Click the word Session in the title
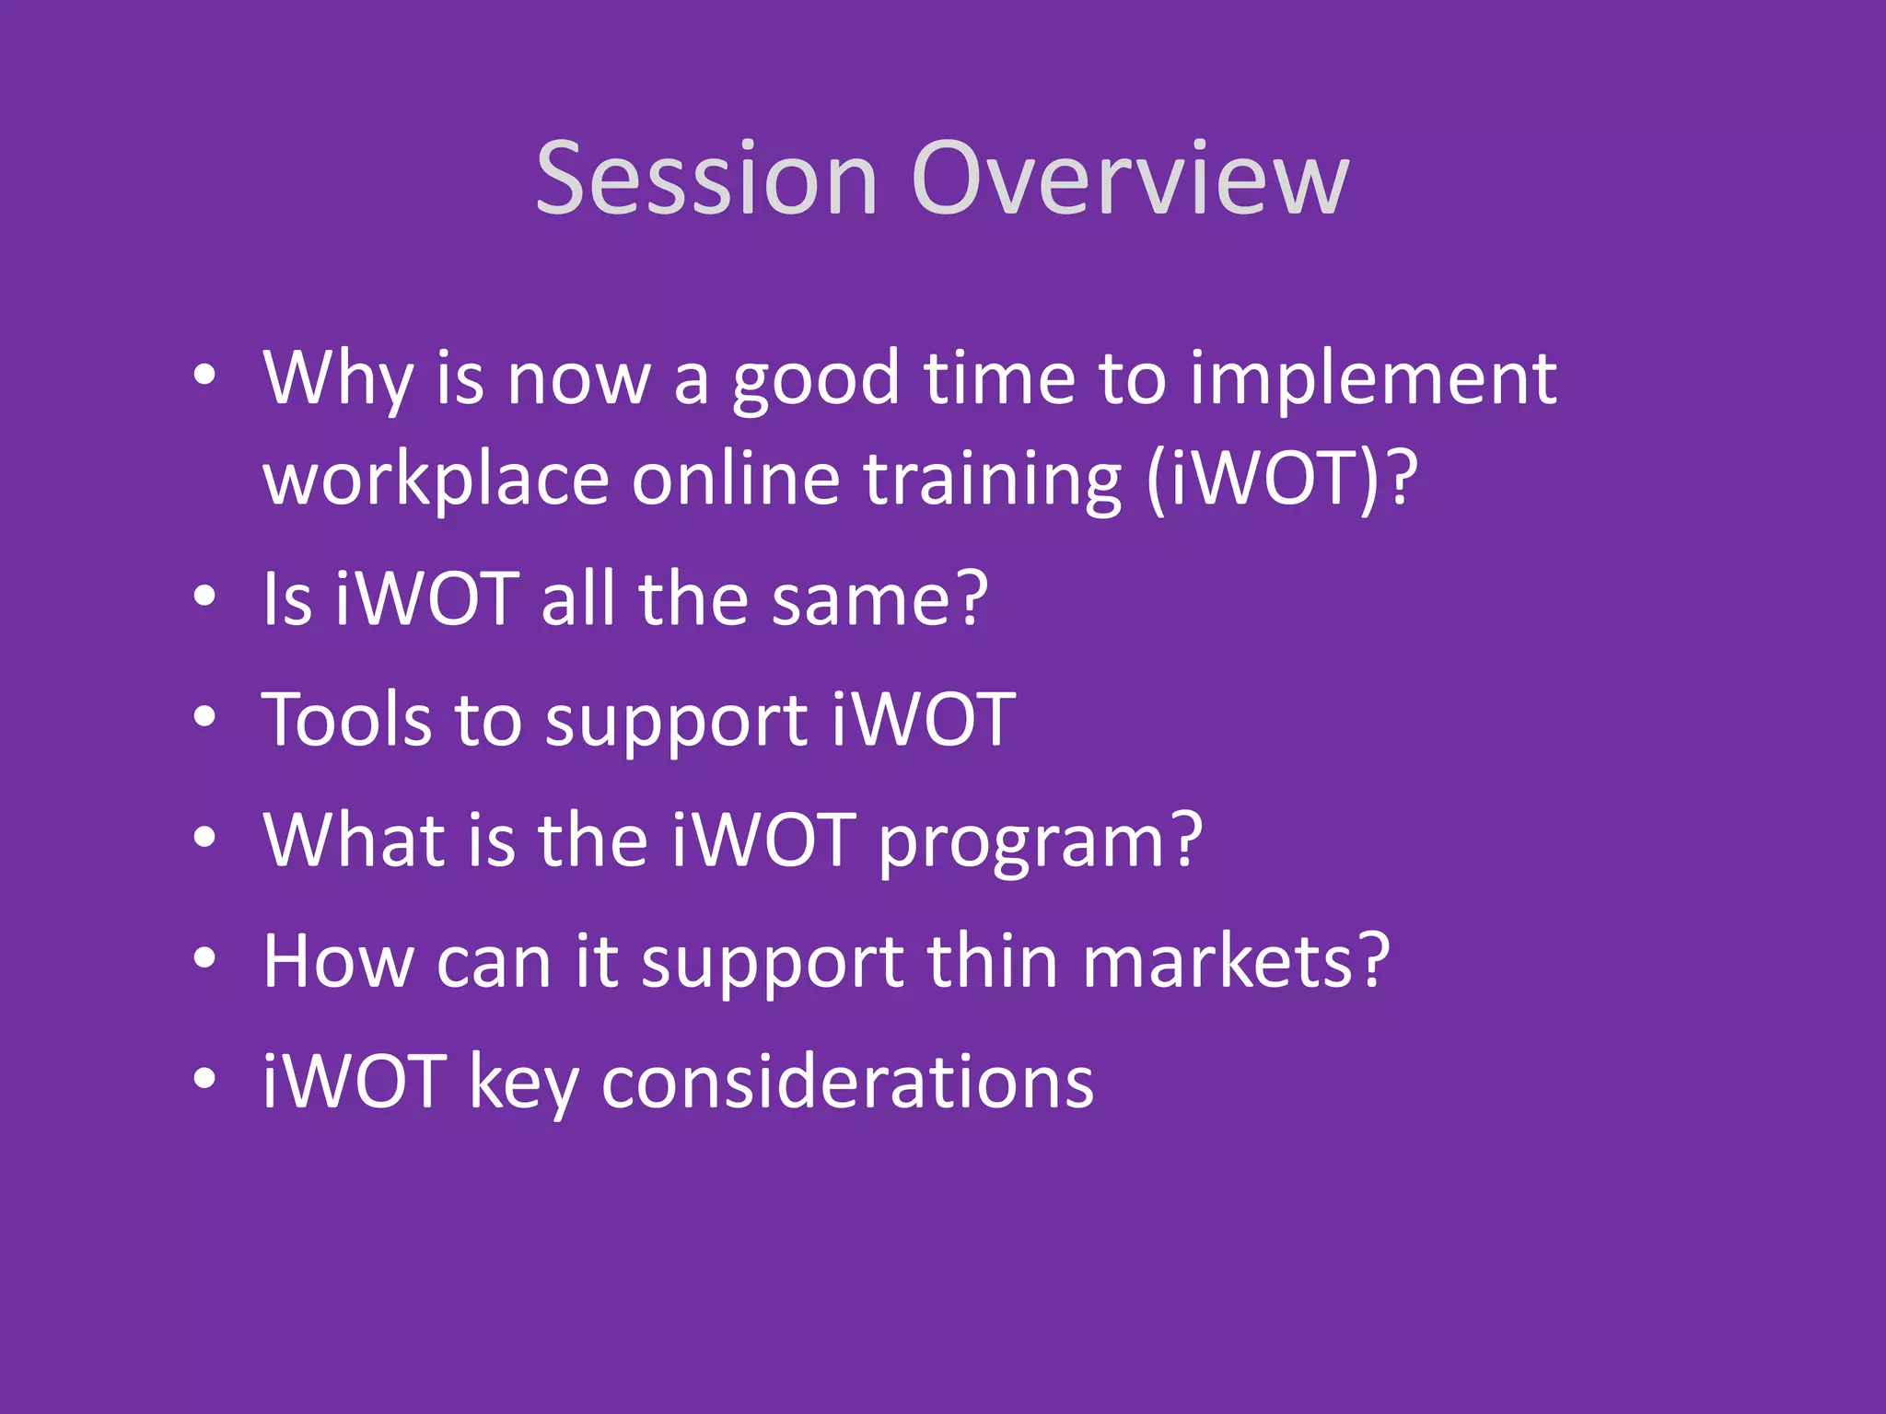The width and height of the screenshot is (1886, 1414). coord(706,180)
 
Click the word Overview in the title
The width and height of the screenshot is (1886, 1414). coord(1130,180)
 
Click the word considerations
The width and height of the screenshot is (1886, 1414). coord(847,1083)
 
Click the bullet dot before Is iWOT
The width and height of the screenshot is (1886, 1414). coord(204,597)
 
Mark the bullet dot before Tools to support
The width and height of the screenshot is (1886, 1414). coord(204,717)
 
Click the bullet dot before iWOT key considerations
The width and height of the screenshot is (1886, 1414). coord(204,1078)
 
